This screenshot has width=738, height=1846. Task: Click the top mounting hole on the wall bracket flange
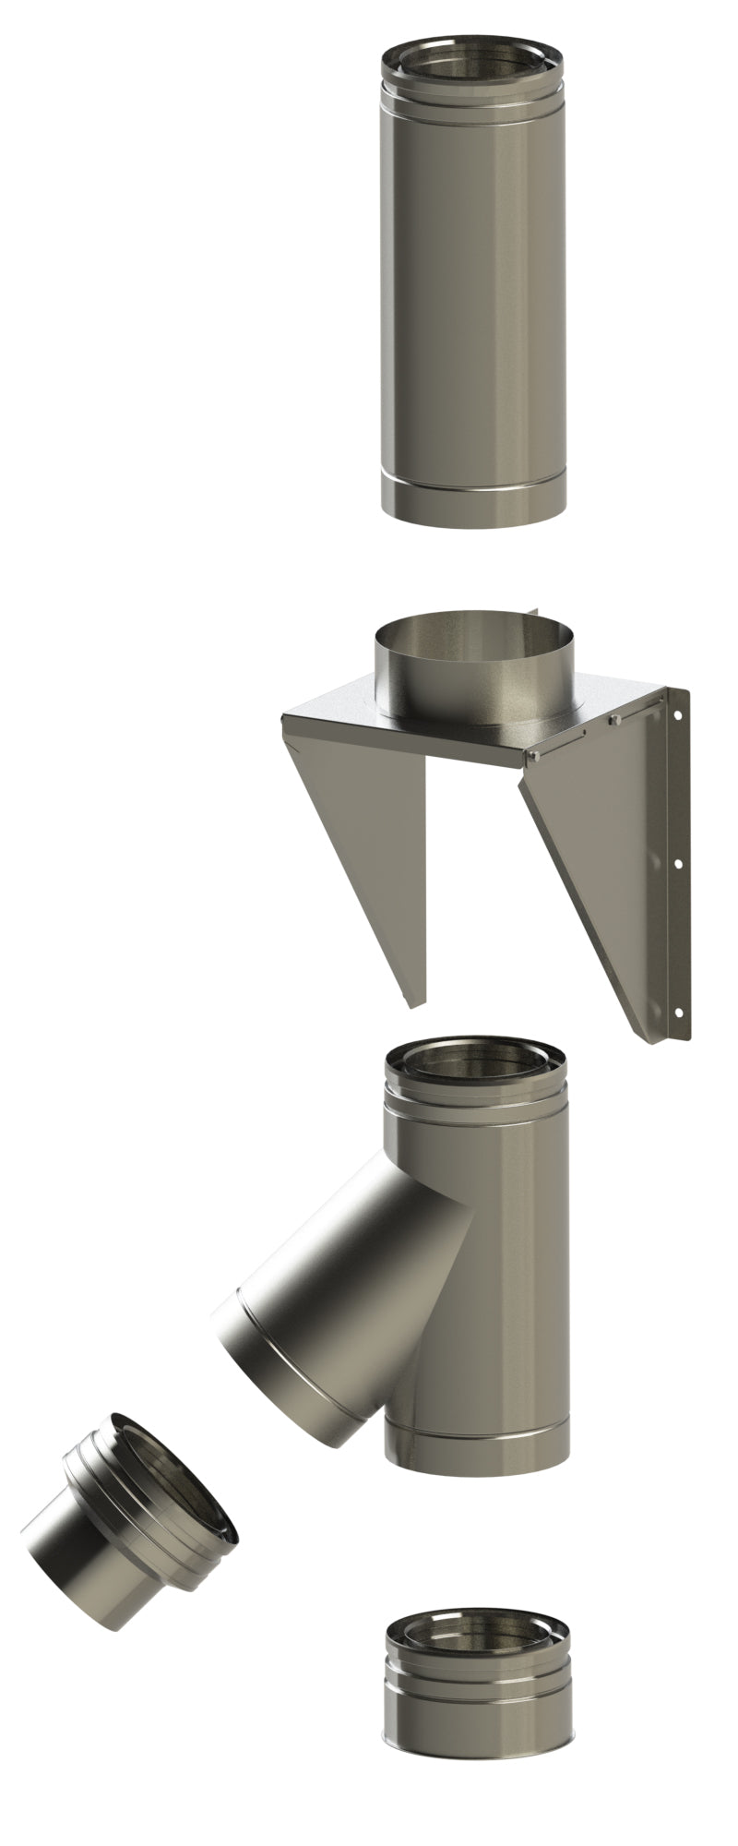click(x=679, y=713)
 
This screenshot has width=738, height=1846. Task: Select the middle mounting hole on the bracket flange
click(x=679, y=864)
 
